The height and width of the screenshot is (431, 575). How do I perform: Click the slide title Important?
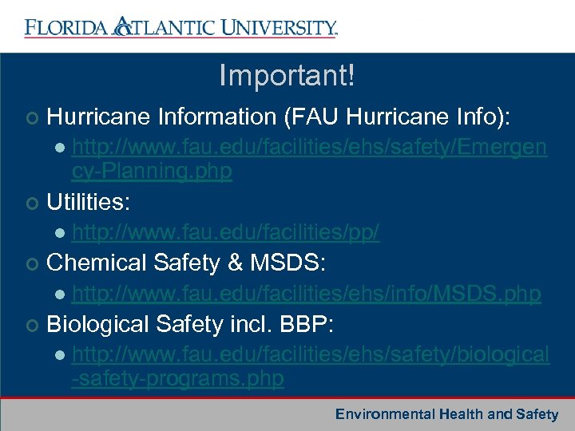tap(287, 77)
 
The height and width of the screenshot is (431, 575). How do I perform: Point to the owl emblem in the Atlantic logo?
tap(122, 26)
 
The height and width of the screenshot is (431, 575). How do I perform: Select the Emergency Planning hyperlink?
tap(309, 160)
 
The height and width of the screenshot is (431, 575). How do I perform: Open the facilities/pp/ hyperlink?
tap(225, 233)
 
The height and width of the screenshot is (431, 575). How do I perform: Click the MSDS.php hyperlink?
tap(306, 295)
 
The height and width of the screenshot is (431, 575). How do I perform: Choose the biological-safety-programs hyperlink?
tap(310, 366)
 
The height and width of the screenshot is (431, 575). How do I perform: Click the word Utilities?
tap(88, 202)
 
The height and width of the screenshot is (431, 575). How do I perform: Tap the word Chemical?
tap(97, 263)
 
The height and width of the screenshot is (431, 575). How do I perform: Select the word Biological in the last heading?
tap(98, 324)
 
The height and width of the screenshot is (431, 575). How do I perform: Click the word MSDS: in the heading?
tap(295, 263)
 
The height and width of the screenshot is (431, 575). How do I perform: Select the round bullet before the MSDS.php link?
tap(61, 295)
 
